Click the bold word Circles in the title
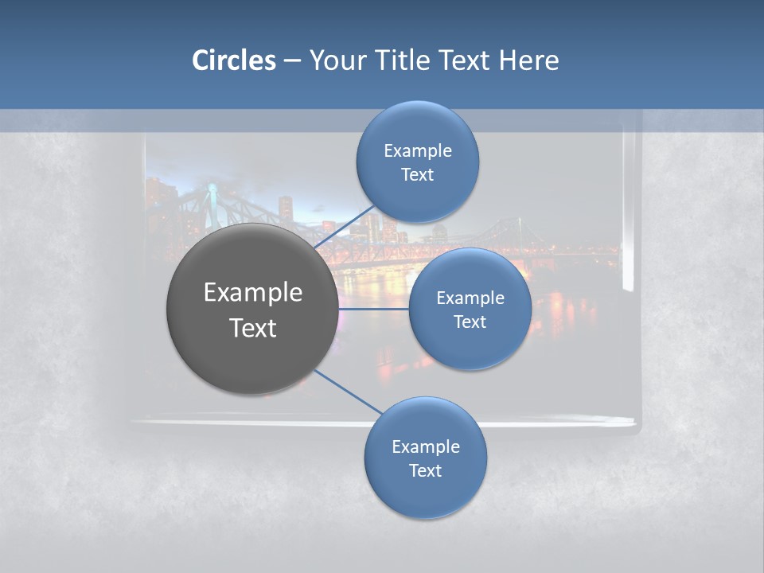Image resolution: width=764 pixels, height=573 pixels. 233,60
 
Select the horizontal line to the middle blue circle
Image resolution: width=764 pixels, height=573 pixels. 373,309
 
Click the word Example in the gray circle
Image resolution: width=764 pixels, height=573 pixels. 253,293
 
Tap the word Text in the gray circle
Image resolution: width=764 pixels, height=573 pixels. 253,328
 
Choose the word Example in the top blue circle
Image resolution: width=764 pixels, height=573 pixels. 418,150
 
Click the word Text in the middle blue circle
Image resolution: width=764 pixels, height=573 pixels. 470,322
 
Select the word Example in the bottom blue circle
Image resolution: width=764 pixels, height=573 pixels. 426,446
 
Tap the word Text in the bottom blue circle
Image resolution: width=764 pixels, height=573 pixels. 426,470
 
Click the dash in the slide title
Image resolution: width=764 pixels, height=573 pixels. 292,60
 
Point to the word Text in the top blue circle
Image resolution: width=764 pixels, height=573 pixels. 418,174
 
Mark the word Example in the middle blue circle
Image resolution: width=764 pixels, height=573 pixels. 470,298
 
